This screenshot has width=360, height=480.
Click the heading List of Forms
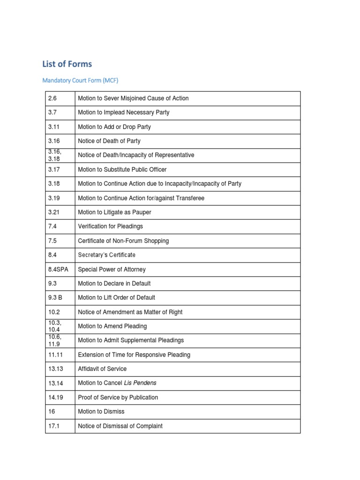67,64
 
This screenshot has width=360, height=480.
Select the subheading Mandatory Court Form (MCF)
80,80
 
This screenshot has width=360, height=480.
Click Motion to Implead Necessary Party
124,112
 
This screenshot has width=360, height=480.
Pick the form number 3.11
53,127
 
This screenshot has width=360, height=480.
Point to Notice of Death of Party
109,141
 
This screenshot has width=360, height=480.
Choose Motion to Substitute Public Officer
122,170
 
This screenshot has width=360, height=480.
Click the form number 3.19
54,198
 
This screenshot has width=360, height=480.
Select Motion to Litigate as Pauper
114,212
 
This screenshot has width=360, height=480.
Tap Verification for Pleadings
111,226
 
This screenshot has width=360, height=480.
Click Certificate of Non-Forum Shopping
123,241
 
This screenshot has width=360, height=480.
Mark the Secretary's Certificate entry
107,255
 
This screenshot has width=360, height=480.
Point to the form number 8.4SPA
58,270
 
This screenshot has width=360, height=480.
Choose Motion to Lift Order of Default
117,298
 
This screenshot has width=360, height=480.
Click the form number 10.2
53,312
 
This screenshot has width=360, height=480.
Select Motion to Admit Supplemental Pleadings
131,340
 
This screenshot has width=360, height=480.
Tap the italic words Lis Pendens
140,383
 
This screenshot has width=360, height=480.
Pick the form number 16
52,412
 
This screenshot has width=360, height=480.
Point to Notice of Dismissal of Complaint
120,426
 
